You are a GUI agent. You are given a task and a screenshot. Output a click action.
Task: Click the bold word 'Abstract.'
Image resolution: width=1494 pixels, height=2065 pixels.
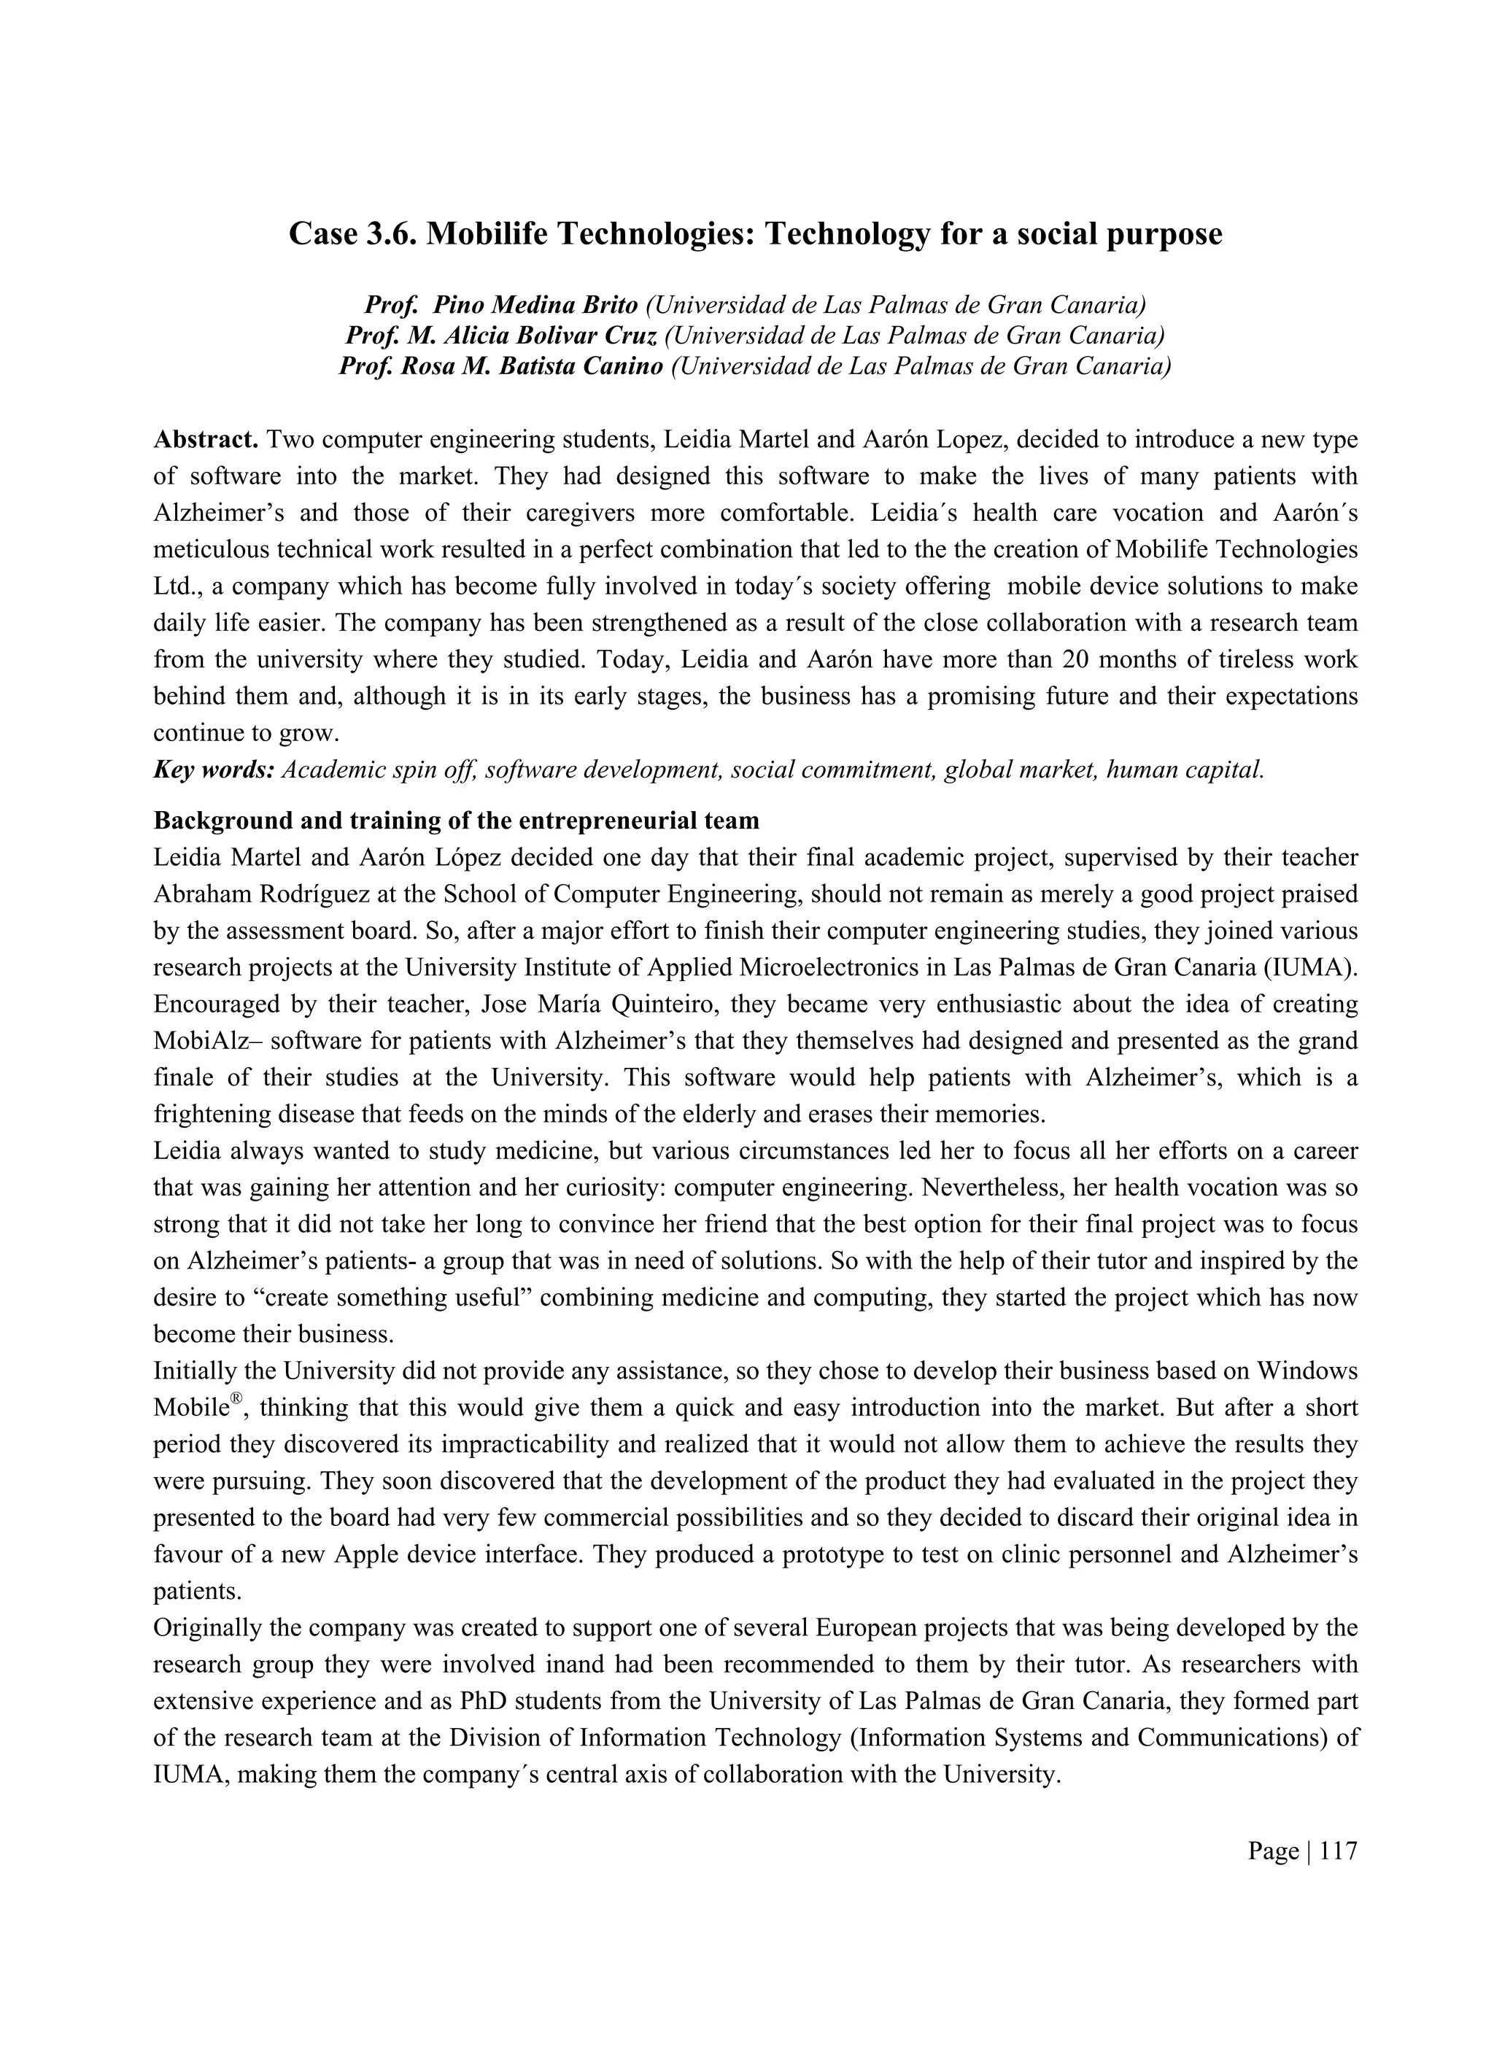point(206,440)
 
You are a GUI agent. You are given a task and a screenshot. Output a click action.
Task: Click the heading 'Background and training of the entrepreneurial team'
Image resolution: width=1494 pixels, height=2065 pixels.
point(455,821)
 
